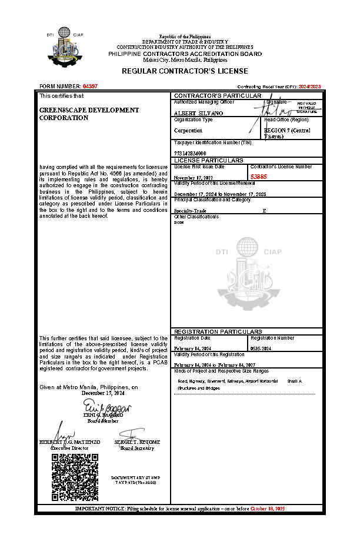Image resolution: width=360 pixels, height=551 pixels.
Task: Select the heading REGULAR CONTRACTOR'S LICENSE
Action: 185,71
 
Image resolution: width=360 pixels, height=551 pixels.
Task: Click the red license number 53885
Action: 259,176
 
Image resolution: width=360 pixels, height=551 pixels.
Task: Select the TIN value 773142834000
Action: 191,153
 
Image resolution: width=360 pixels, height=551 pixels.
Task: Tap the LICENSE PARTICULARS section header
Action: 209,160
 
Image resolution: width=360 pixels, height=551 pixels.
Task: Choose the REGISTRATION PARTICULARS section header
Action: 218,331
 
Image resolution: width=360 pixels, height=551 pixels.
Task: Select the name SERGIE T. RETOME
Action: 137,442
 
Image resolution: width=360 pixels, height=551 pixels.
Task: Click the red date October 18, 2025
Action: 268,507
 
